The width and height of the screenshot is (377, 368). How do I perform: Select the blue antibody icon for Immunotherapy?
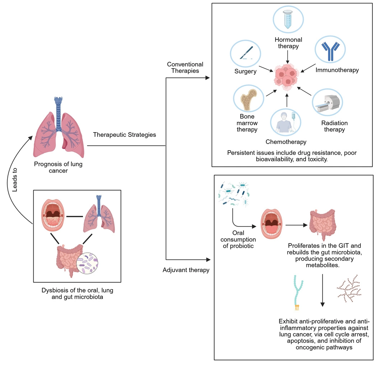click(330, 51)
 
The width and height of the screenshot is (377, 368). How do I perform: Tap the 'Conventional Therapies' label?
click(185, 67)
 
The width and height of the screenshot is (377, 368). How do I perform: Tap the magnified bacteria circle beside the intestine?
click(88, 264)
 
